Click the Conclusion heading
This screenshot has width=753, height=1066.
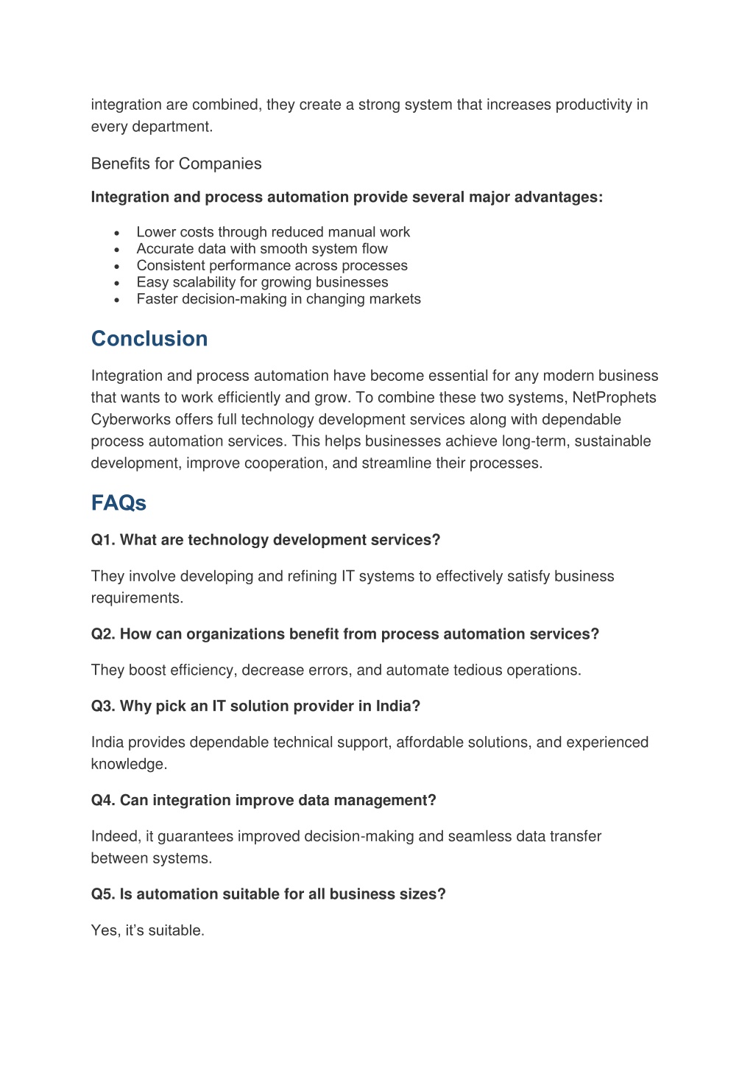(x=149, y=339)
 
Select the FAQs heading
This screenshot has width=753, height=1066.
(x=119, y=503)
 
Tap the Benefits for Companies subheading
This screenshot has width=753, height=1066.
(x=176, y=164)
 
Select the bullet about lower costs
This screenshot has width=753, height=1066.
(x=273, y=232)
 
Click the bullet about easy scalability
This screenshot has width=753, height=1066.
(x=262, y=282)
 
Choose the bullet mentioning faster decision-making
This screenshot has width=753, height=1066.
(x=278, y=299)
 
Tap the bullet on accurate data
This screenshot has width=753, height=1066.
(x=261, y=249)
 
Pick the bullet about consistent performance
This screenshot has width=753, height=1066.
(x=272, y=266)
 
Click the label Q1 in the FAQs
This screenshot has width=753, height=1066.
(x=103, y=540)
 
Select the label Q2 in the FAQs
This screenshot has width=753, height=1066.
(x=103, y=634)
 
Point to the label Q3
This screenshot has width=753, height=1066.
(x=103, y=706)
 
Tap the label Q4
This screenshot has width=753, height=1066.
(x=103, y=801)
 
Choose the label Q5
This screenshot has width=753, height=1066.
(x=103, y=894)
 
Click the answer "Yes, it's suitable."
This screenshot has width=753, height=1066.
(x=147, y=930)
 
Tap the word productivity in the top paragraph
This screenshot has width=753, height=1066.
(x=594, y=105)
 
